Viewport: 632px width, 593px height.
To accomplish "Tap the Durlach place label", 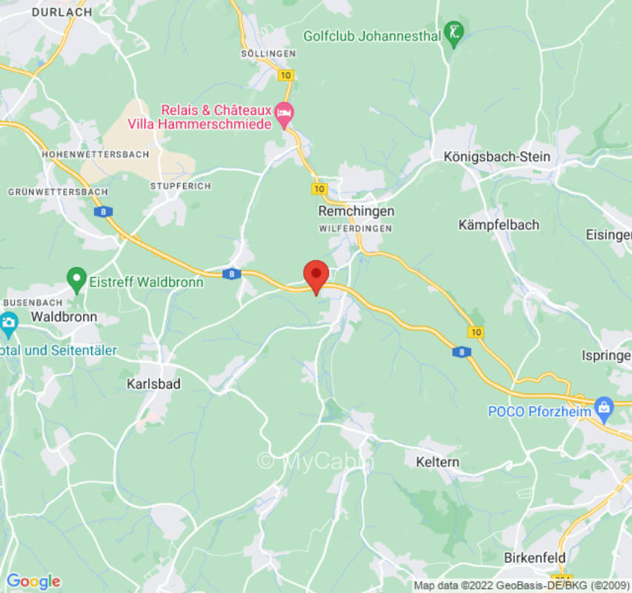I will click(61, 12).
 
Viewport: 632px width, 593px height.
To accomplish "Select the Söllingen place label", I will click(268, 53).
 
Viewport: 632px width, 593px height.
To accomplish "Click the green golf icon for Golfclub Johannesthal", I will click(453, 33).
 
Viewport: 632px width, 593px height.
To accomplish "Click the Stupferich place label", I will click(180, 185).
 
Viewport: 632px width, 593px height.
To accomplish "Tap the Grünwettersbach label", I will click(58, 191).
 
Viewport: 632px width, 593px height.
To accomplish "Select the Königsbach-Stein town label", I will click(497, 156).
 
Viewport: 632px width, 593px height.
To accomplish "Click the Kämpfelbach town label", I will click(499, 225).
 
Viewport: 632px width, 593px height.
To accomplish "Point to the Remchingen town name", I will click(356, 211).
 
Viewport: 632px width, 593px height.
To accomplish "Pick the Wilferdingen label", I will click(356, 229).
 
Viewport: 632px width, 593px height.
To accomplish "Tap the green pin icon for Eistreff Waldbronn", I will click(76, 280).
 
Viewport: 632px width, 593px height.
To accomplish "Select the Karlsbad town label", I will click(153, 384).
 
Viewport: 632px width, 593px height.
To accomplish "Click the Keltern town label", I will click(438, 462).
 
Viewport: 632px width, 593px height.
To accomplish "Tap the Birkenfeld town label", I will click(534, 557).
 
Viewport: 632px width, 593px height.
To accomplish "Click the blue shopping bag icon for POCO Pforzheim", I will click(605, 406).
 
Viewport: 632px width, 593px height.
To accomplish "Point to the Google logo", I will click(33, 581).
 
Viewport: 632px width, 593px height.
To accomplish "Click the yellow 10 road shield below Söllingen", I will click(286, 75).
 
